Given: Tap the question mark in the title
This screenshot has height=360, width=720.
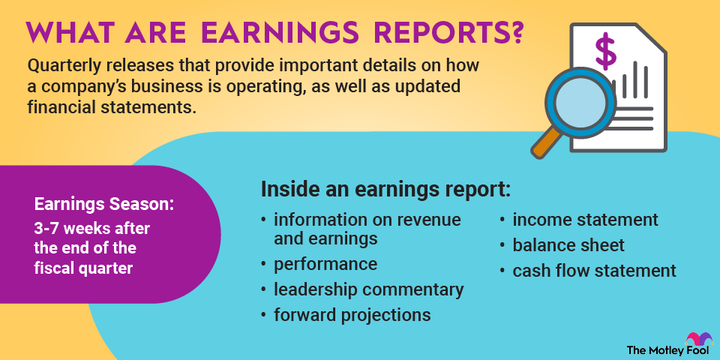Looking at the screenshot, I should [514, 34].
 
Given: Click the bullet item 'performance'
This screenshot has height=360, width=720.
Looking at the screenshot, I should [325, 264].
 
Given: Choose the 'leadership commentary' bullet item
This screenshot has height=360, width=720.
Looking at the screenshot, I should [368, 289].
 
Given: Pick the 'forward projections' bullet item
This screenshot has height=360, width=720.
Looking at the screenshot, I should [352, 314].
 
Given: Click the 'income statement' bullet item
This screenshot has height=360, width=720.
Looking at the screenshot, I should [585, 220].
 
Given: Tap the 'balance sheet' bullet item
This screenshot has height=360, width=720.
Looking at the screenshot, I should [568, 244].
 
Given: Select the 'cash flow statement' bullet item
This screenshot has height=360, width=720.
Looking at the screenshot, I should [594, 270].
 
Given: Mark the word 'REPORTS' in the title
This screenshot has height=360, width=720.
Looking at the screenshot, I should [433, 34].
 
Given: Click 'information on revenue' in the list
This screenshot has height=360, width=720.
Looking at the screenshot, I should [367, 220].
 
